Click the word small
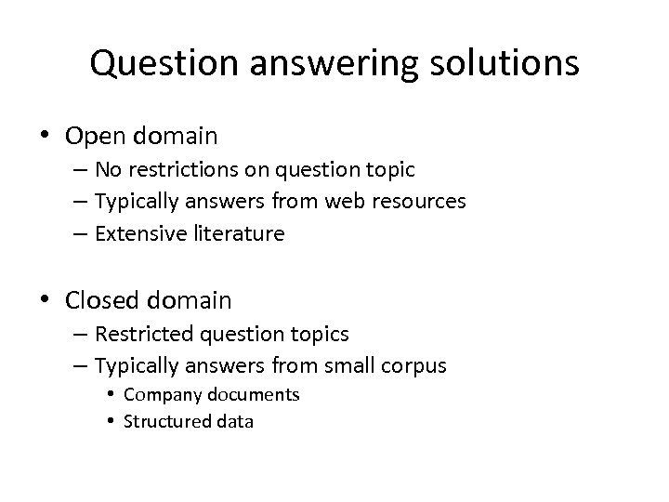point(345,365)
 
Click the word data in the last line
point(235,421)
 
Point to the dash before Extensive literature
point(79,234)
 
